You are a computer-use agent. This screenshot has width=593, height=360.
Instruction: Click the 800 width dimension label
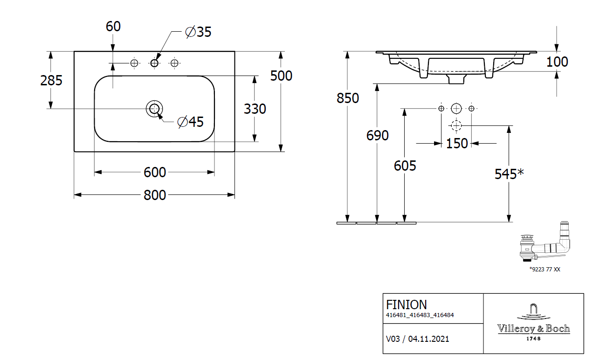[x=155, y=195]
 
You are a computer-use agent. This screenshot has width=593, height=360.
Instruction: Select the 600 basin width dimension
[x=155, y=172]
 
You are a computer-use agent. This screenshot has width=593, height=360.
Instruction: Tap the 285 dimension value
[x=51, y=81]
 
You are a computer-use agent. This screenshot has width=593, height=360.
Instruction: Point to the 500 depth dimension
[x=281, y=76]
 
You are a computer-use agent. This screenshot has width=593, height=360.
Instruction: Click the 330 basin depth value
[x=255, y=109]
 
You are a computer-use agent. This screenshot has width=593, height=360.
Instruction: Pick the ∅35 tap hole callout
[x=198, y=32]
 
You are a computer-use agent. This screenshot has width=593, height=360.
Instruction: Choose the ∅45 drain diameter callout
[x=191, y=122]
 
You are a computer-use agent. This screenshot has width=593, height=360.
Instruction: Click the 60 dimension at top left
[x=113, y=27]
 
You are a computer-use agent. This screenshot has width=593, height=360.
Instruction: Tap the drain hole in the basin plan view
[x=154, y=109]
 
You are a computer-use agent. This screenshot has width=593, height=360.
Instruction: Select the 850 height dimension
[x=348, y=98]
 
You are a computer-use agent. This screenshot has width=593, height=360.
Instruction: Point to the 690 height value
[x=377, y=135]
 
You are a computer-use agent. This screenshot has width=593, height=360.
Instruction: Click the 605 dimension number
[x=405, y=165]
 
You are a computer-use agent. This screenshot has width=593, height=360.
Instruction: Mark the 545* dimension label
[x=509, y=174]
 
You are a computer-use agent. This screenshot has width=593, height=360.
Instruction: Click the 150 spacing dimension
[x=456, y=143]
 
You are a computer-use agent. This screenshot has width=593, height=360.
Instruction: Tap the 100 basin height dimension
[x=557, y=62]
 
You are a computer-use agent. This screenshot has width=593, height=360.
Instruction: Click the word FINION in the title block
[x=407, y=305]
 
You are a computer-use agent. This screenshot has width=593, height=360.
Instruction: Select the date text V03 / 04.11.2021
[x=418, y=339]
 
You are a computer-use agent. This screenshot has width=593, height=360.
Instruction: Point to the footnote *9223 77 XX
[x=544, y=270]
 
